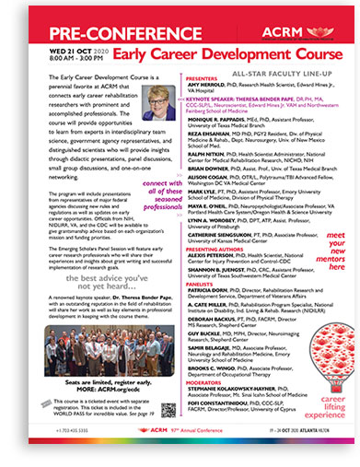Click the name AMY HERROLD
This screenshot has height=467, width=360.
[x=208, y=91]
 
